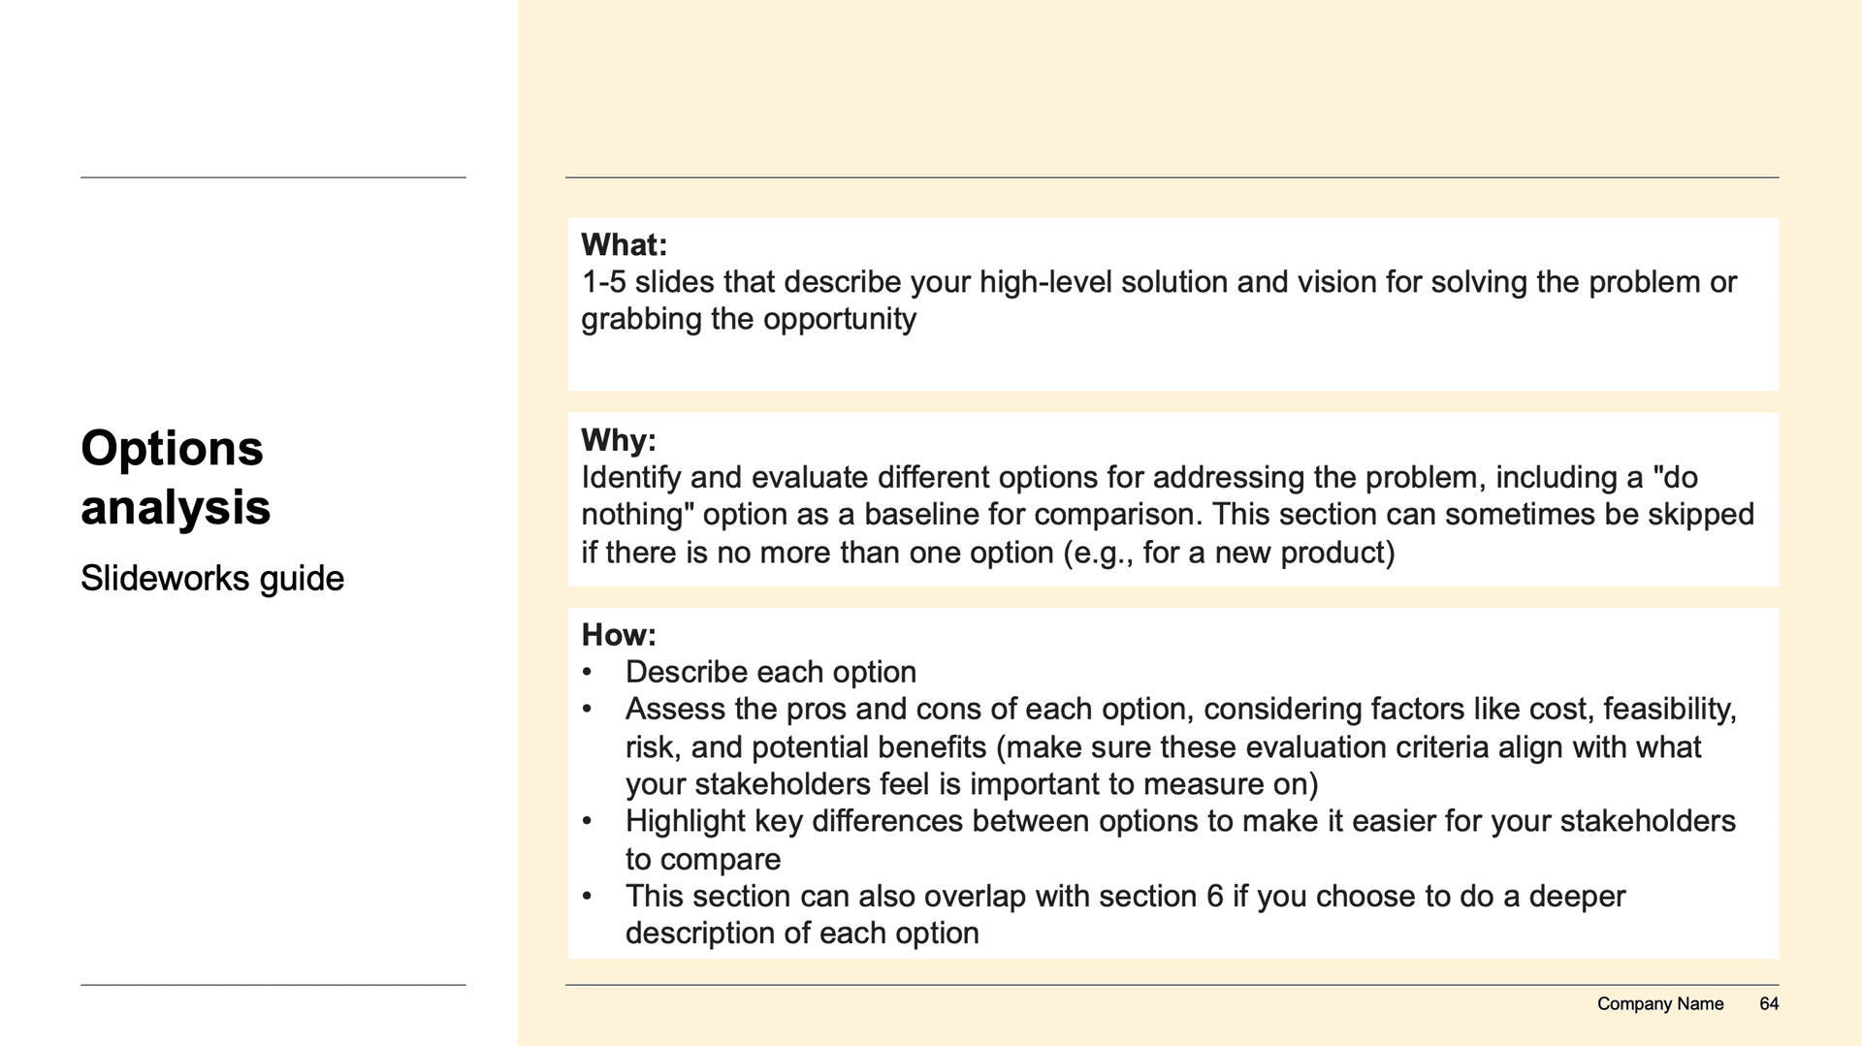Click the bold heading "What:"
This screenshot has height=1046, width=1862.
624,244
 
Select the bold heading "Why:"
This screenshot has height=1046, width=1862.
618,440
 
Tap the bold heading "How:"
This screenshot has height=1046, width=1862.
618,635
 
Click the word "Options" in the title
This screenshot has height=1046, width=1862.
172,449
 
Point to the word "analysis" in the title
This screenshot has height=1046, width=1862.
176,508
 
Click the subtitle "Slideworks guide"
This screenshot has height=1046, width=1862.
211,579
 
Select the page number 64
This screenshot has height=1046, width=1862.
1769,1004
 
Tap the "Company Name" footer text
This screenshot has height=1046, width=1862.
1659,1004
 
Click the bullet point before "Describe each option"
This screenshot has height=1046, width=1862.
587,672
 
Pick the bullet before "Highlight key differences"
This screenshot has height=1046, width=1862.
587,821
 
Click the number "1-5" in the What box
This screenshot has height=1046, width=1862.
603,282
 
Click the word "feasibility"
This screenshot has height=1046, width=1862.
1669,710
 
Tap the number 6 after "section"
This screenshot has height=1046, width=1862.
1215,896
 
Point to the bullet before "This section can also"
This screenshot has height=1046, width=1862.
587,896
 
